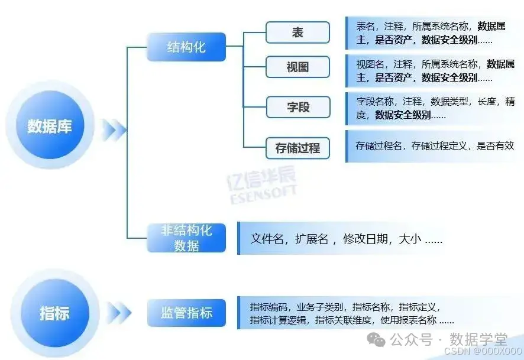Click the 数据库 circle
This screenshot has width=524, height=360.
[49, 126]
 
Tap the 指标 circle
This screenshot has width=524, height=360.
[54, 313]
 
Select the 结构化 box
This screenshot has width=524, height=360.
[186, 47]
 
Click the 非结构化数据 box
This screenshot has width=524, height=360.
[186, 238]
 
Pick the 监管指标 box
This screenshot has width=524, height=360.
[186, 313]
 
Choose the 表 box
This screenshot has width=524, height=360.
[297, 33]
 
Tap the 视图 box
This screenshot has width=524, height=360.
[297, 67]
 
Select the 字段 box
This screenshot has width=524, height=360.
[297, 108]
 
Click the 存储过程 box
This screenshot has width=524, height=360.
[297, 148]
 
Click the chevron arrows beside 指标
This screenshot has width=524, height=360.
[120, 313]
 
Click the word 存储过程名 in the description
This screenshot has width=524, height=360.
[379, 145]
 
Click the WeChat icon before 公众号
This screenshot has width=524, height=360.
[376, 339]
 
